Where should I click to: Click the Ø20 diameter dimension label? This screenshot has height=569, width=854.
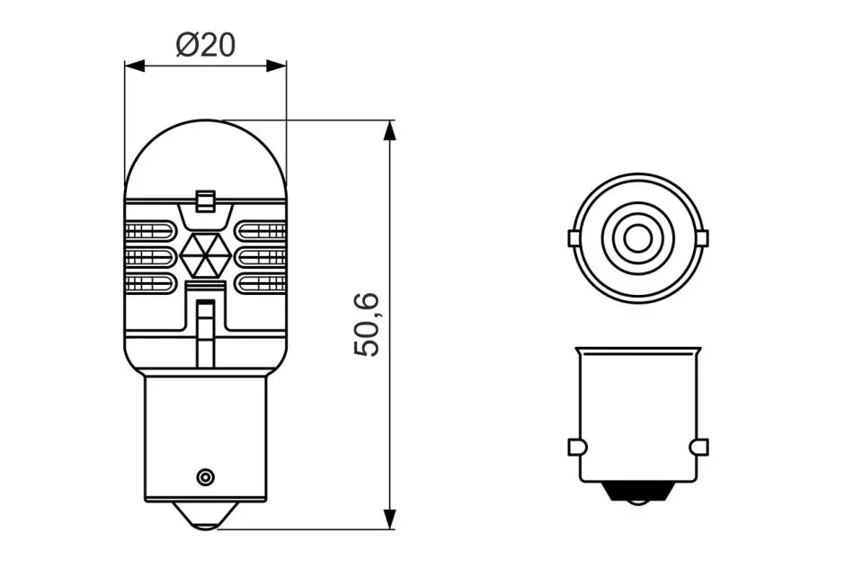[x=206, y=45]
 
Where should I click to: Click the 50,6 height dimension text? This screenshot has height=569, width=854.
[x=367, y=325]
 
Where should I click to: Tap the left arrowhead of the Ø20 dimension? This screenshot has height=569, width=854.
[x=135, y=66]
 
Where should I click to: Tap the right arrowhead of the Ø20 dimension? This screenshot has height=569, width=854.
[x=276, y=66]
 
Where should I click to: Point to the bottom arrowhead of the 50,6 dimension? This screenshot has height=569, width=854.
[x=389, y=519]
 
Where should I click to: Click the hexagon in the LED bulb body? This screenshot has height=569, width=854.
[x=206, y=254]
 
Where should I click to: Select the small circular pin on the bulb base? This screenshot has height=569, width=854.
[x=205, y=477]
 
